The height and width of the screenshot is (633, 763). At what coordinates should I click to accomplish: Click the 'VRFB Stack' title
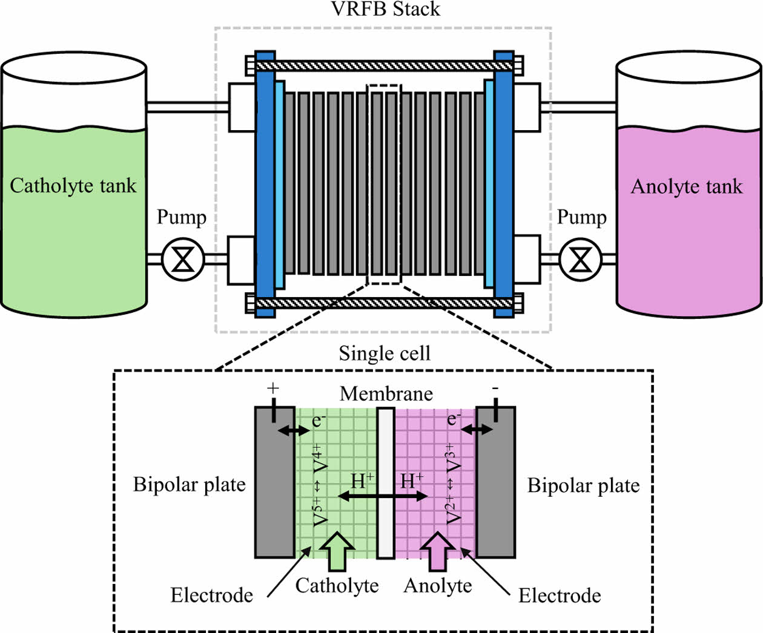coord(386,9)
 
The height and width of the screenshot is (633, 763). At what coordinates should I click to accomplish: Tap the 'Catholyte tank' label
coord(73,186)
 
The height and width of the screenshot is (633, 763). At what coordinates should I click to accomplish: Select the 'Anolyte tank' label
coord(687,186)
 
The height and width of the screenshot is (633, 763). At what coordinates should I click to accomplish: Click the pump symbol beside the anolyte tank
coord(581,260)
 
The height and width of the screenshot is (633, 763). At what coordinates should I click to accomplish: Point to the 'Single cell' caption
coord(385,353)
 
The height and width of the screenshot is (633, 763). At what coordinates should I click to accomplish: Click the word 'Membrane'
coord(386,394)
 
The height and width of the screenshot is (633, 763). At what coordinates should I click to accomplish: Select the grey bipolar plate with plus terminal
coord(274,484)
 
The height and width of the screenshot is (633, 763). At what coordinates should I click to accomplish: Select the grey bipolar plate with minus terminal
coord(496,484)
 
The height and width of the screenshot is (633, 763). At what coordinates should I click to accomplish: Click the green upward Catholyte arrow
coord(337,551)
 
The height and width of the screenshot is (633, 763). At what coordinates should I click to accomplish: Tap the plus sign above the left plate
coord(273,388)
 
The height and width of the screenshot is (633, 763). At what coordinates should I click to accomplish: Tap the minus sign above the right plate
coord(495,388)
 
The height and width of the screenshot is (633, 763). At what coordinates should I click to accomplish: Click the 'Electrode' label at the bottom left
coord(211,595)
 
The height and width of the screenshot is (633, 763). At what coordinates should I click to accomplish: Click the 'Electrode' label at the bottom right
coord(560,596)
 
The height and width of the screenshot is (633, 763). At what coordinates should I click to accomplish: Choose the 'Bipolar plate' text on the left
coord(189,485)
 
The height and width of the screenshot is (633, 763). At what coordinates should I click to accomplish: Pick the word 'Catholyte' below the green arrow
coord(337,586)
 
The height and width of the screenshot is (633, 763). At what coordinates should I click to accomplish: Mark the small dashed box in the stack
coord(384,184)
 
